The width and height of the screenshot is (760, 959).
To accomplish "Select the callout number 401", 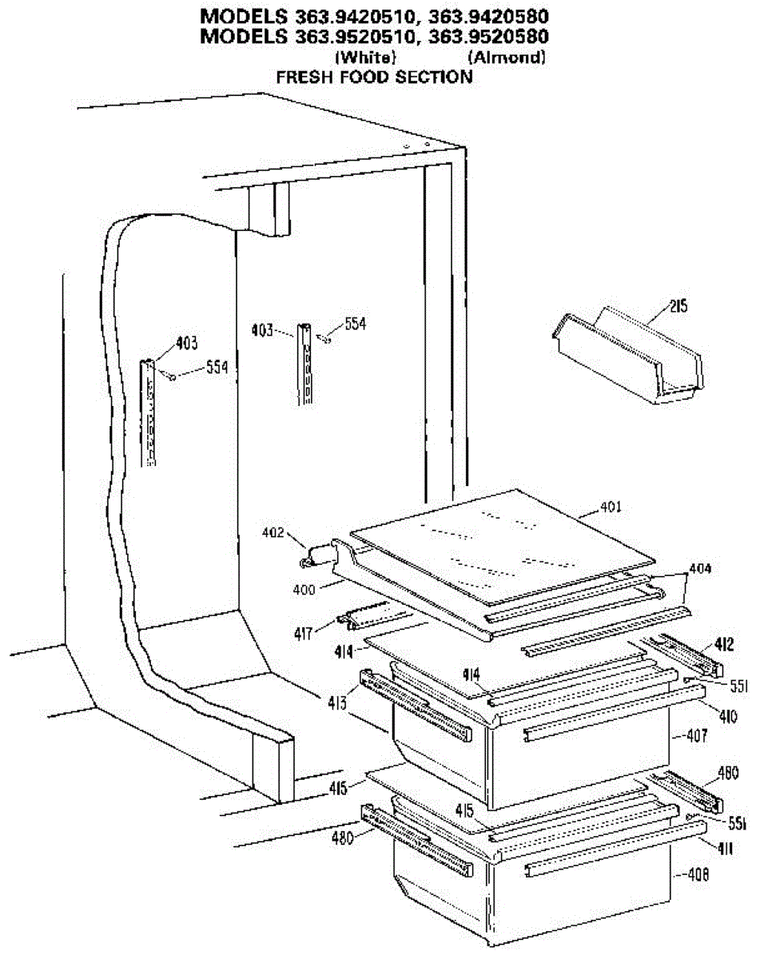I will point(611,507).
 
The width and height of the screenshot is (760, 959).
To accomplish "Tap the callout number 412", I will point(722,642).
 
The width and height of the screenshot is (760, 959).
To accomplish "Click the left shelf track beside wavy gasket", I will point(149,412).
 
